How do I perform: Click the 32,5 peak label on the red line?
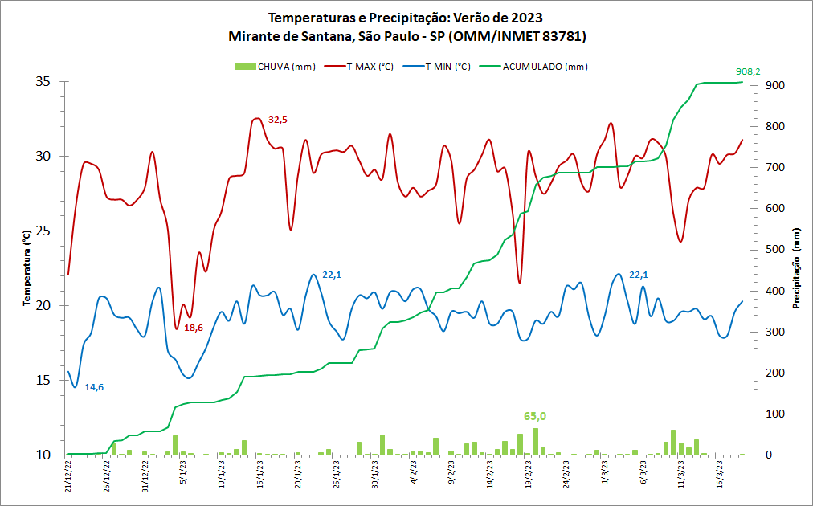(x=278, y=120)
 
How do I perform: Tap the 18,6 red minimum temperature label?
(x=194, y=328)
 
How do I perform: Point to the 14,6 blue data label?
(x=94, y=387)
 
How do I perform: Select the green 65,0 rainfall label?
(x=535, y=416)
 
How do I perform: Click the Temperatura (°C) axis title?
(x=26, y=268)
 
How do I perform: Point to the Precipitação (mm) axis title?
(x=797, y=268)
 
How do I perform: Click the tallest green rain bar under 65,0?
(x=535, y=441)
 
